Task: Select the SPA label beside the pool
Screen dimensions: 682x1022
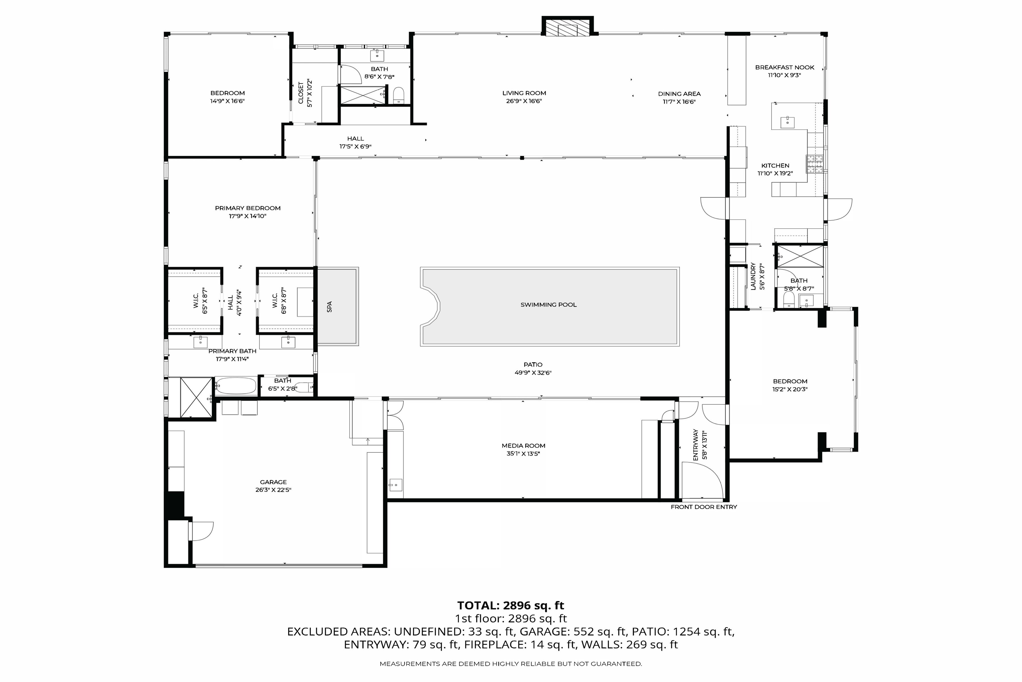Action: [329, 307]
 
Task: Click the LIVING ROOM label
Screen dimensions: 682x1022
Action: [524, 93]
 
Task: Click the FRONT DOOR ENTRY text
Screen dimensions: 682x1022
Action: [703, 507]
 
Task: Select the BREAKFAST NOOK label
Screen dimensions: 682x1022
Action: [784, 67]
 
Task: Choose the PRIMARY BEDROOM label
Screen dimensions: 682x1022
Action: [248, 208]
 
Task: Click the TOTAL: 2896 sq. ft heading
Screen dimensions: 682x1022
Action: [510, 606]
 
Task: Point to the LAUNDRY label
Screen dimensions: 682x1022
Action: [753, 276]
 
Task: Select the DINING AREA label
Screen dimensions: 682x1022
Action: [679, 94]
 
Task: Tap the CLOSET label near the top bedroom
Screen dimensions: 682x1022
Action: [301, 93]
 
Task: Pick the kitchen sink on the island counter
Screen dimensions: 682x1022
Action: [787, 122]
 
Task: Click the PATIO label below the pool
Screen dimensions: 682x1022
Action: [533, 365]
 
